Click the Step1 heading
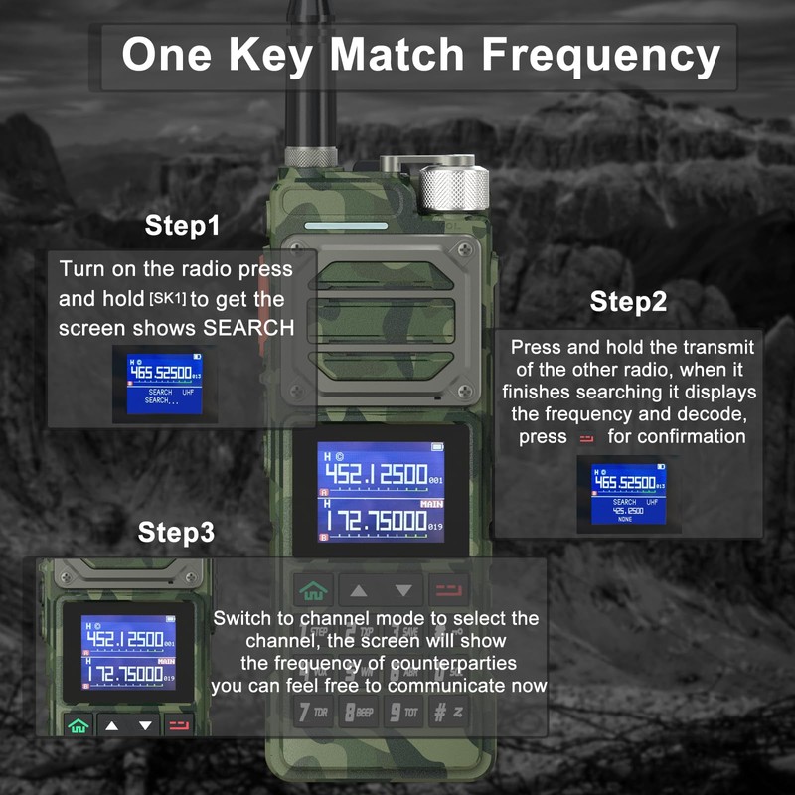(182, 226)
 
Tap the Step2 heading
(628, 301)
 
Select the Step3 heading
(176, 532)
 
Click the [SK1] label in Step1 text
(166, 299)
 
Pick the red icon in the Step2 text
(585, 437)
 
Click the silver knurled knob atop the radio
(452, 187)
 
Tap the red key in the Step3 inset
(178, 724)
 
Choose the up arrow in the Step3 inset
(111, 725)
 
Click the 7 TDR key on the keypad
(314, 712)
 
